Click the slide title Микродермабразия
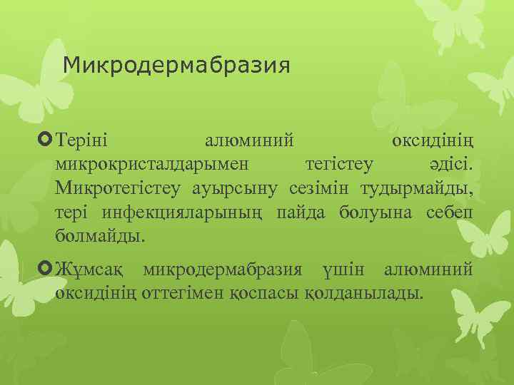pos(176,66)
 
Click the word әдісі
pos(450,162)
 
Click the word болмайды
pos(99,235)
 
